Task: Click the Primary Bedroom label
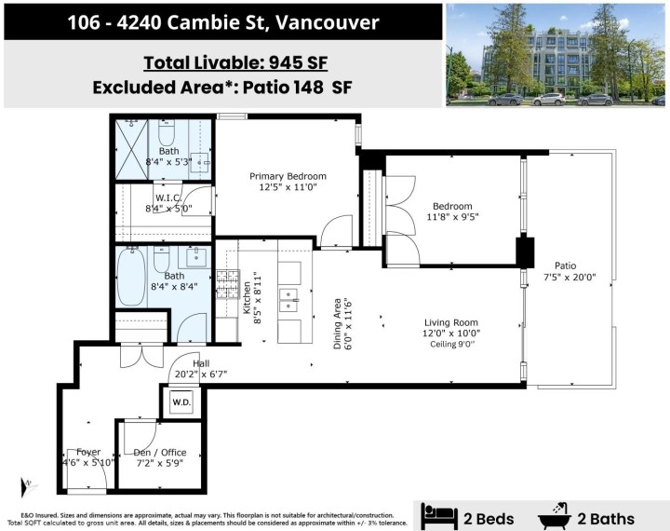click(288, 176)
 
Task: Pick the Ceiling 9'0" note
click(454, 344)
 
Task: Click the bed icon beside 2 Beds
click(439, 515)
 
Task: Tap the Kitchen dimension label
click(253, 297)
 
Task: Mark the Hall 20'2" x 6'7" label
click(200, 370)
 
